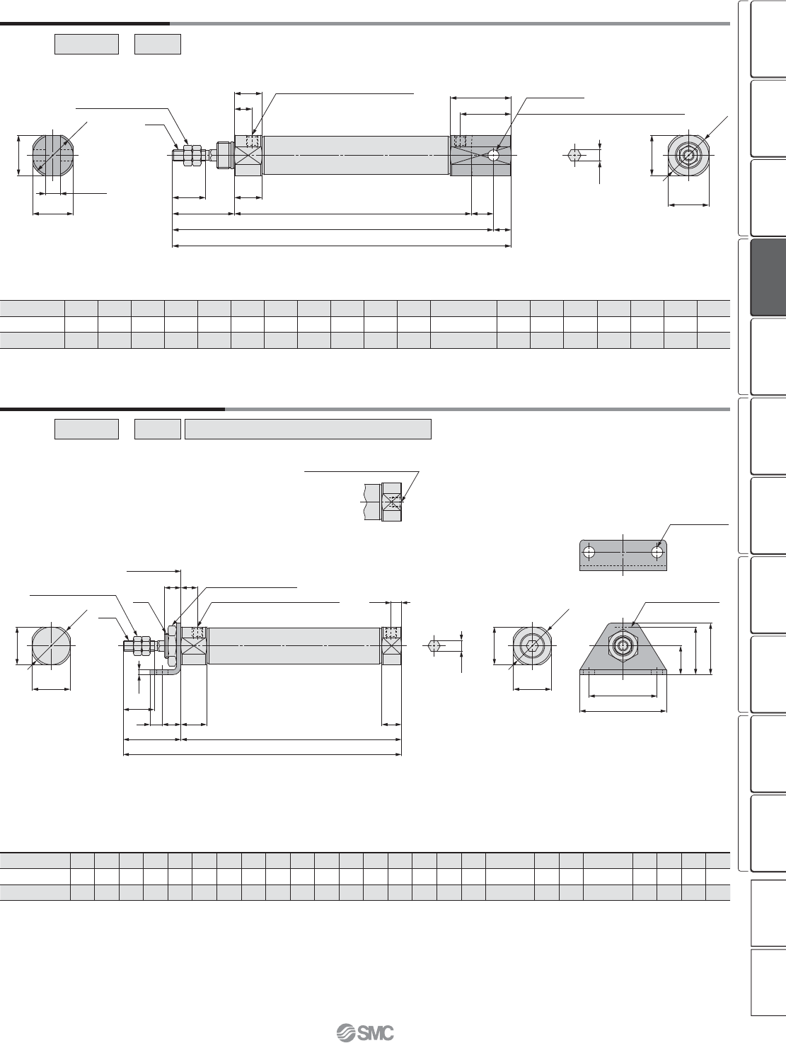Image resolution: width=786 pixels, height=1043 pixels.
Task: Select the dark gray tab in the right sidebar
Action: click(768, 277)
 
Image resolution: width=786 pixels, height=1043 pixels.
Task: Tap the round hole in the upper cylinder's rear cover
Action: click(494, 156)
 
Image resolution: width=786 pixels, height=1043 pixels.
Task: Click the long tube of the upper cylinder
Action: click(356, 156)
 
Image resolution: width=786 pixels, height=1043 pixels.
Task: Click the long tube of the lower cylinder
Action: click(294, 646)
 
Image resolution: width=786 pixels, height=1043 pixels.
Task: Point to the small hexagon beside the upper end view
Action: click(574, 154)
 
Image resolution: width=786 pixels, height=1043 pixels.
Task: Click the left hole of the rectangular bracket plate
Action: click(589, 552)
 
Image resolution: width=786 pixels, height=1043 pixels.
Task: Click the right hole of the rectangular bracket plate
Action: click(657, 552)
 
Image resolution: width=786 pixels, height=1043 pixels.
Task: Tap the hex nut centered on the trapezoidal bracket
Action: click(623, 645)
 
